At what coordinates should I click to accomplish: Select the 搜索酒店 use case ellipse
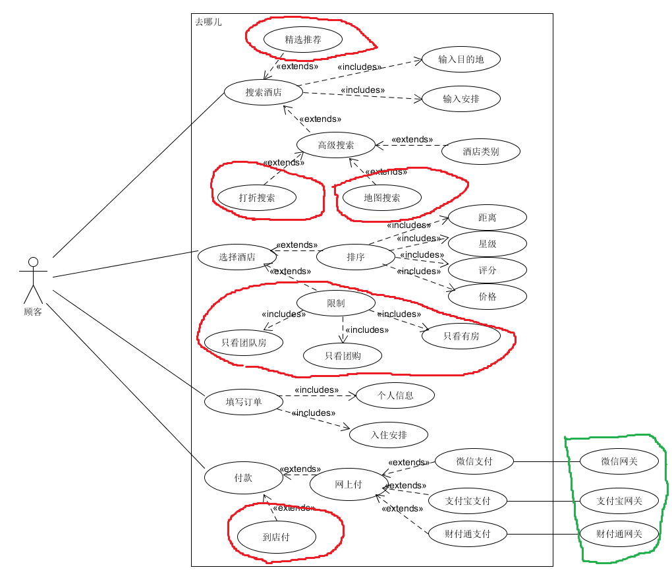[x=264, y=92]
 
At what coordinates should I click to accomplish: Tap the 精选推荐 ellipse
[x=303, y=40]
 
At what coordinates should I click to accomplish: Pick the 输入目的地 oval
[x=461, y=59]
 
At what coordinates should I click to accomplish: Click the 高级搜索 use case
[x=336, y=145]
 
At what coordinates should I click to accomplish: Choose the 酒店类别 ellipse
[x=481, y=152]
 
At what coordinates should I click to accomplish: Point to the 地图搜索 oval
[x=382, y=198]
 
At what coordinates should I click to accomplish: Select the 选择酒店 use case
[x=237, y=257]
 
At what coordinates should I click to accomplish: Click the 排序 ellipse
[x=356, y=257]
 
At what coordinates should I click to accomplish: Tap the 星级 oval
[x=488, y=244]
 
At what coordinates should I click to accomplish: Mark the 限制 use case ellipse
[x=336, y=303]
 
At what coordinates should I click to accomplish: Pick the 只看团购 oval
[x=343, y=356]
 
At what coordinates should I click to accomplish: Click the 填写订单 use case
[x=244, y=401]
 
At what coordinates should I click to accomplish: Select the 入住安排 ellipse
[x=389, y=435]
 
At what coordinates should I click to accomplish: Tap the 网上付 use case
[x=349, y=484]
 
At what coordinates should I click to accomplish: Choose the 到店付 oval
[x=276, y=537]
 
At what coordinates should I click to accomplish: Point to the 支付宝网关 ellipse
[x=619, y=501]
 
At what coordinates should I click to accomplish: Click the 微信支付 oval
[x=474, y=461]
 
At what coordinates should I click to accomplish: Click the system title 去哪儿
[x=208, y=22]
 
